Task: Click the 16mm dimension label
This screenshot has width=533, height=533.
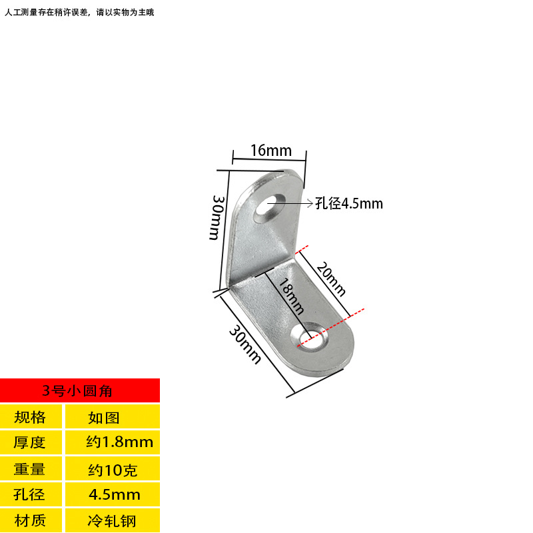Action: pos(271,151)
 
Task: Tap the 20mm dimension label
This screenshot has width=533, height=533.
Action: pos(331,278)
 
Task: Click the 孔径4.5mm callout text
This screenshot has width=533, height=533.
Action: pos(349,204)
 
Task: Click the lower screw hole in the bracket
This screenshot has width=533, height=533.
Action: pos(312,337)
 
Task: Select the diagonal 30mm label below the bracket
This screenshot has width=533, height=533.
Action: pos(245,344)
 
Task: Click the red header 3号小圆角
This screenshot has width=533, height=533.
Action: pos(80,390)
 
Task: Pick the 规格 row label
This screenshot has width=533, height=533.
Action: pos(30,418)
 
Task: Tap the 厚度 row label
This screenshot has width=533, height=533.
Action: pos(30,442)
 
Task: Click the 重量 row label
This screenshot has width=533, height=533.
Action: pos(30,469)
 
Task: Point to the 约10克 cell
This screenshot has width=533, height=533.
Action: pos(112,470)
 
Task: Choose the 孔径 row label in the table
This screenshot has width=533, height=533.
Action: pos(30,494)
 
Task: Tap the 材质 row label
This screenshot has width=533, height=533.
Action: pos(30,520)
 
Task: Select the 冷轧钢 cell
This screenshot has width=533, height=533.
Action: pos(111,520)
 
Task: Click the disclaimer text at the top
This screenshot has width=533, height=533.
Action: pos(79,12)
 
